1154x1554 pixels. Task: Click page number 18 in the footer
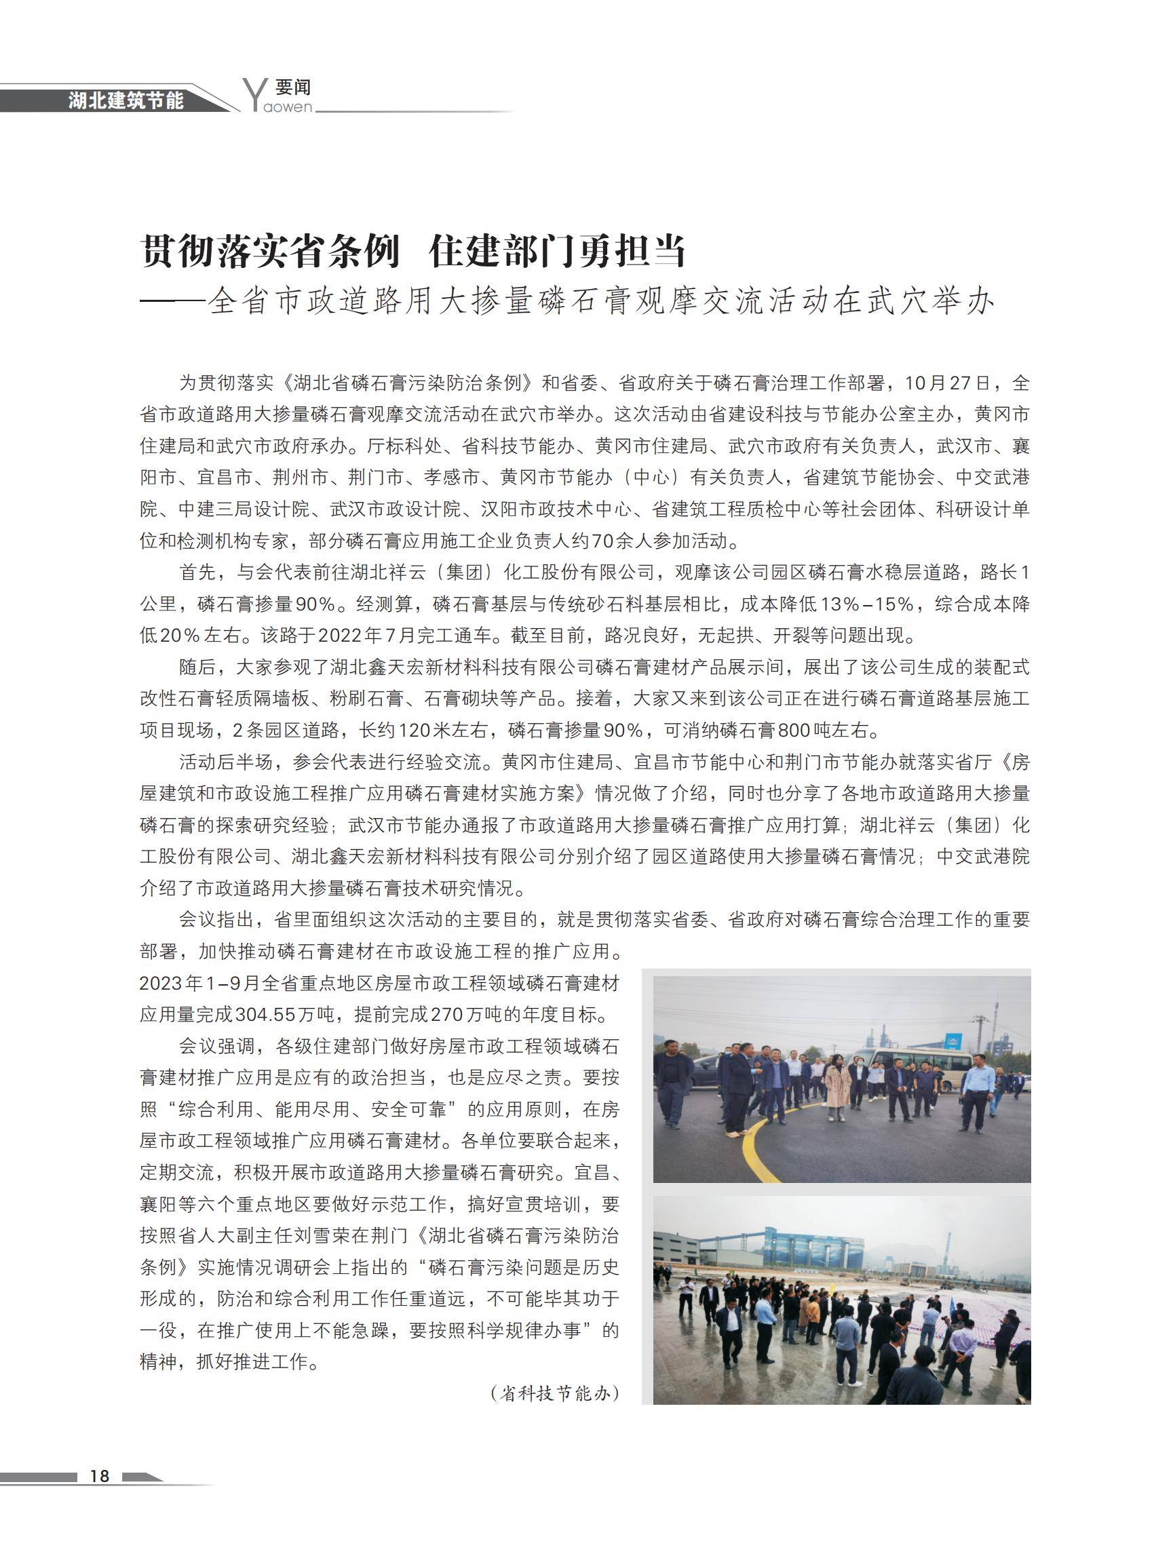(x=100, y=1475)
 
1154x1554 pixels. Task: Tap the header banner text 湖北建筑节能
(x=126, y=100)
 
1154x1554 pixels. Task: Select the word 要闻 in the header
(x=292, y=88)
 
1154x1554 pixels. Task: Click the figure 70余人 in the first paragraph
(x=622, y=541)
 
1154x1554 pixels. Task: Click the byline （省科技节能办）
(x=556, y=1393)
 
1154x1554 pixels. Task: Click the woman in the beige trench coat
(x=837, y=1086)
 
